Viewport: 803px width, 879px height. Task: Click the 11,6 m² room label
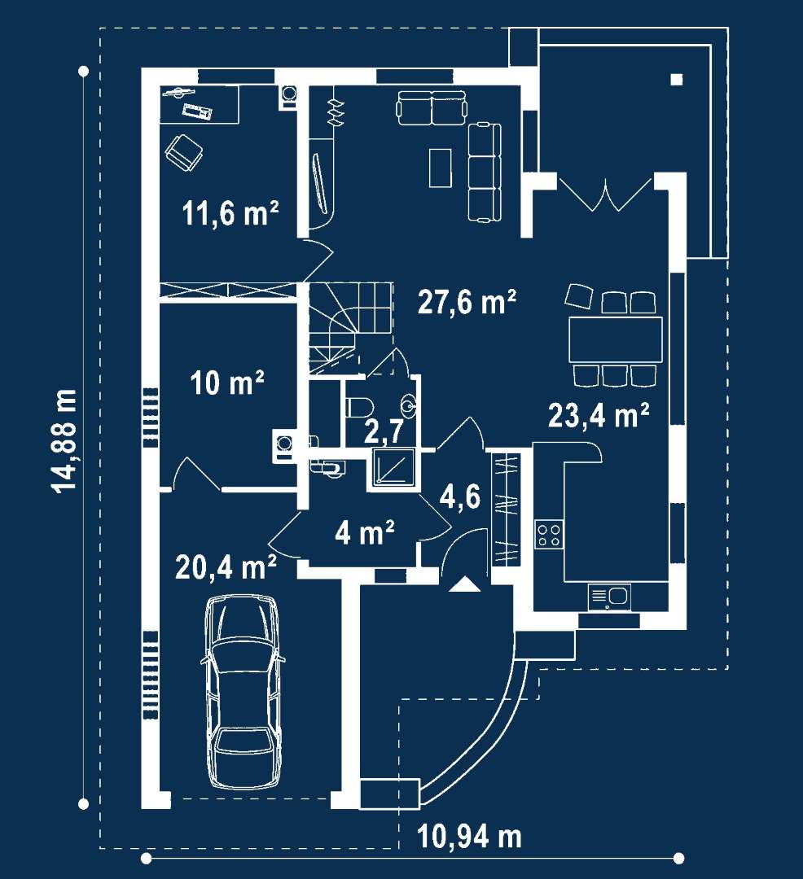click(230, 213)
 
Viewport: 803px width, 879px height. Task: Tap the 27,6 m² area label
click(467, 302)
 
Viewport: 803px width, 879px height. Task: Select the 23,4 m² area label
click(599, 415)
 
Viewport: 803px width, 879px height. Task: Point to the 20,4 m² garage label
click(226, 566)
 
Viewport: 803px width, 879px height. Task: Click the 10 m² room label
click(227, 383)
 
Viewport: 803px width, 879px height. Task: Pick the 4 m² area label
click(365, 532)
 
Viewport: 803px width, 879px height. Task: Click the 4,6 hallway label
click(460, 496)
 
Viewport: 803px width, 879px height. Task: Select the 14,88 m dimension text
click(66, 441)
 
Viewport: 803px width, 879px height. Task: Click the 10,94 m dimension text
click(469, 837)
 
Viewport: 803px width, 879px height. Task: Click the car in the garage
click(243, 693)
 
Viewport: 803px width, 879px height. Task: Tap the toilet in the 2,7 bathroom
click(359, 407)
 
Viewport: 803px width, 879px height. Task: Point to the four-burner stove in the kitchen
click(549, 534)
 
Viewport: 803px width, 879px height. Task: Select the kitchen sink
click(609, 597)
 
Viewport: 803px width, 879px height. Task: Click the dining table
click(615, 339)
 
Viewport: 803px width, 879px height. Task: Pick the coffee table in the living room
click(441, 168)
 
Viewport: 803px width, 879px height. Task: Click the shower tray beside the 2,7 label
click(391, 466)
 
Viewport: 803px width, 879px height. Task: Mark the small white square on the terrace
click(677, 80)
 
